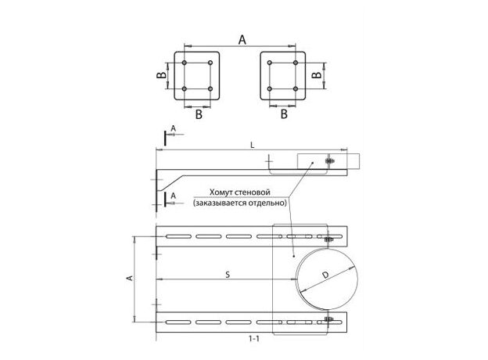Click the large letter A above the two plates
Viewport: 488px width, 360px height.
pos(242,40)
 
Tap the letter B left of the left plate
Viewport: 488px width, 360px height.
pos(161,75)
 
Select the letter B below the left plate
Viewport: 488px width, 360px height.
pos(199,114)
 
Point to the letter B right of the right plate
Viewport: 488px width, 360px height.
pos(316,75)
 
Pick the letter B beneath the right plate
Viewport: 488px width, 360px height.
pos(284,114)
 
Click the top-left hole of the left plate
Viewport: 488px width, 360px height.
pos(185,63)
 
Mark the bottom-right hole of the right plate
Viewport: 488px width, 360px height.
pos(296,88)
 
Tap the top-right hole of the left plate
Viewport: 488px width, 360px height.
pos(210,63)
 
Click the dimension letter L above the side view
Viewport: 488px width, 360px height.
pos(253,145)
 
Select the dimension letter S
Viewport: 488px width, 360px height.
pos(228,275)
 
